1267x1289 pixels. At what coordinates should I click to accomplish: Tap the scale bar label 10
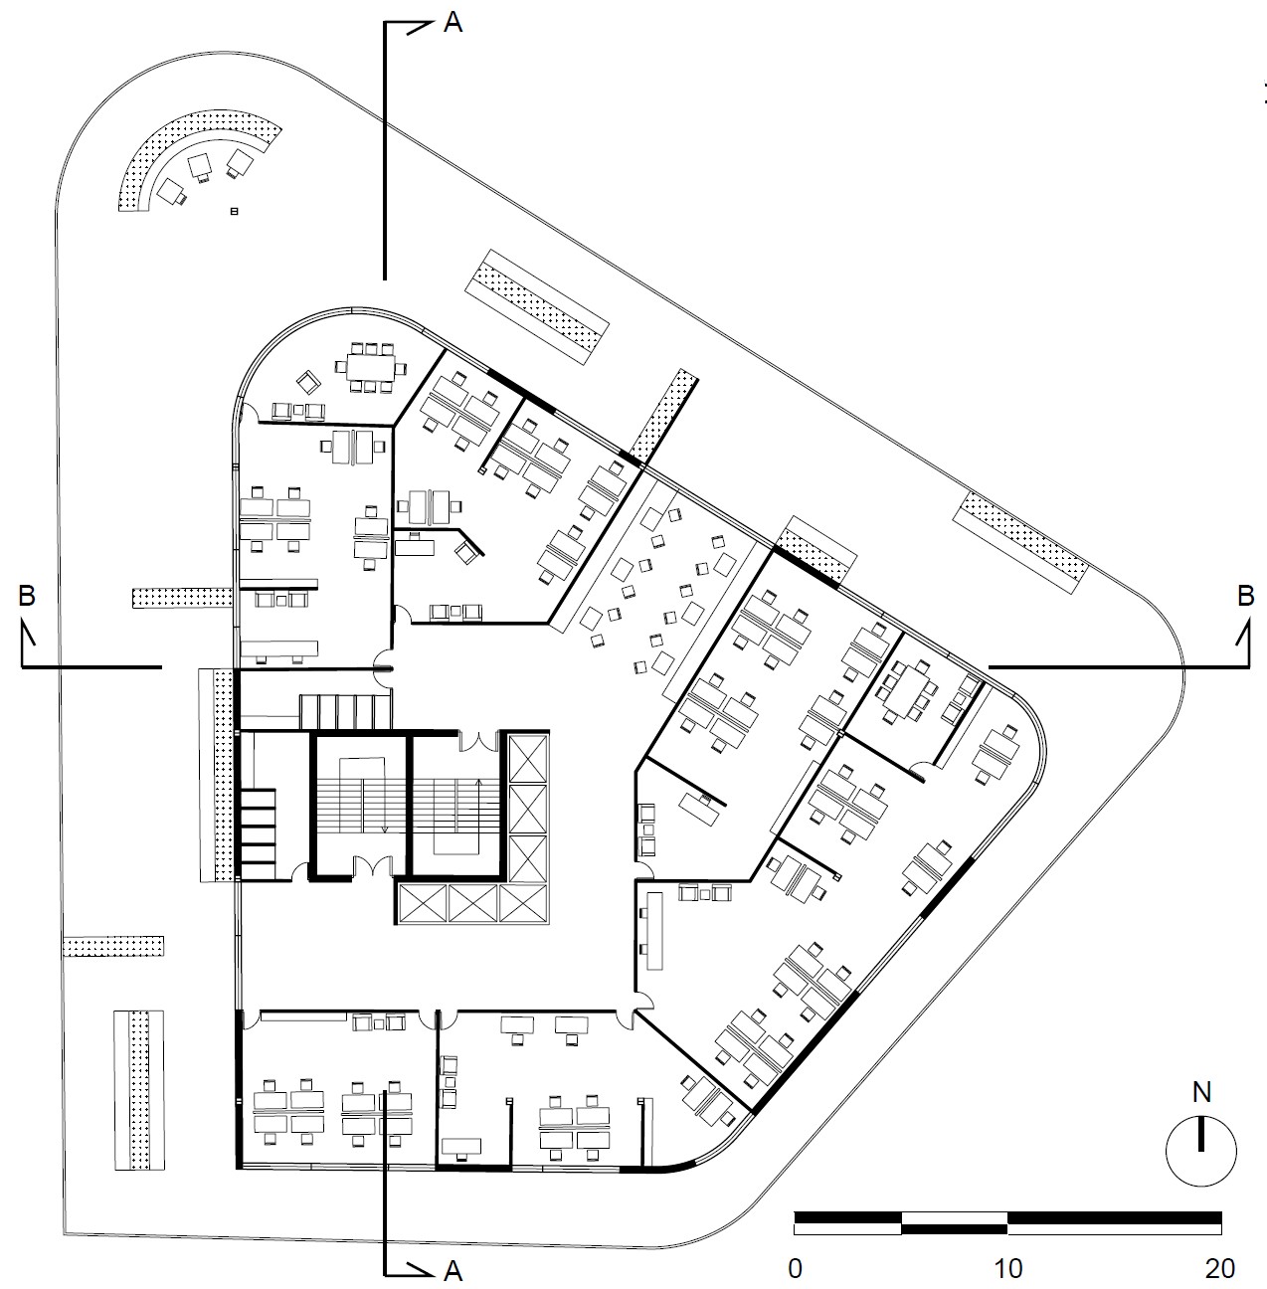point(1008,1268)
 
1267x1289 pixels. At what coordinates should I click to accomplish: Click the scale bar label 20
point(1220,1268)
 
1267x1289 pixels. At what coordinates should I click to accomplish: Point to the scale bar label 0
point(795,1268)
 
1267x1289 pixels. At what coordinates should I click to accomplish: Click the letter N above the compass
point(1202,1092)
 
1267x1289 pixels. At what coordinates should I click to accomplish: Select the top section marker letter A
point(452,24)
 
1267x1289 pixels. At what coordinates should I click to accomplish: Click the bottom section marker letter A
point(452,1270)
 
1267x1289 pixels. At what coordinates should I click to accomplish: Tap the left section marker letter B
point(27,596)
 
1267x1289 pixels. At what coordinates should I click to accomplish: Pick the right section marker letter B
point(1245,596)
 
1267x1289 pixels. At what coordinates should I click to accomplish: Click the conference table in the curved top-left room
point(370,367)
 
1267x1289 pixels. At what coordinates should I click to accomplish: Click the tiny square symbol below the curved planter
point(234,212)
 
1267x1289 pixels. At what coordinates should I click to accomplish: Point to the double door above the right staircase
point(477,740)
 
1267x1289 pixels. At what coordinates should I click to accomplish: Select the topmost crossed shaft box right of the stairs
point(528,758)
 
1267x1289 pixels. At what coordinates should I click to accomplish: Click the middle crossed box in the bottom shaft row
point(473,903)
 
